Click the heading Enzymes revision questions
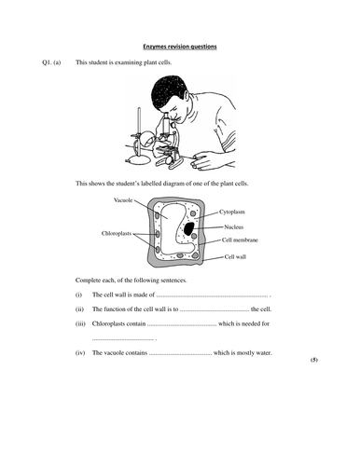[x=179, y=45]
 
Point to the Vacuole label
[x=123, y=200]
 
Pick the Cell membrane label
[x=241, y=240]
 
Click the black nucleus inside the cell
[x=189, y=228]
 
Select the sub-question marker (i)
[x=79, y=295]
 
